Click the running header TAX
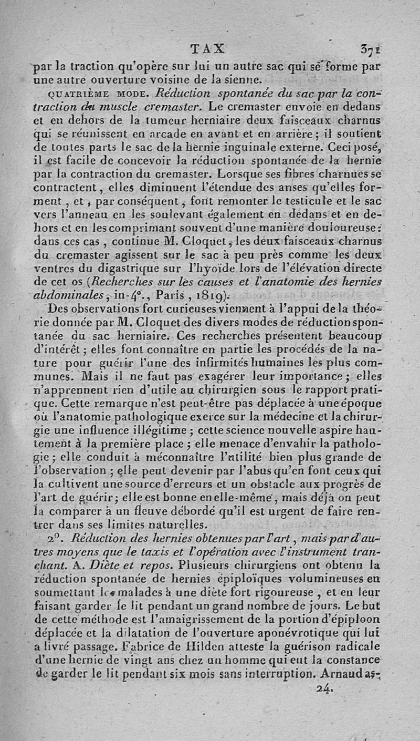[208, 49]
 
